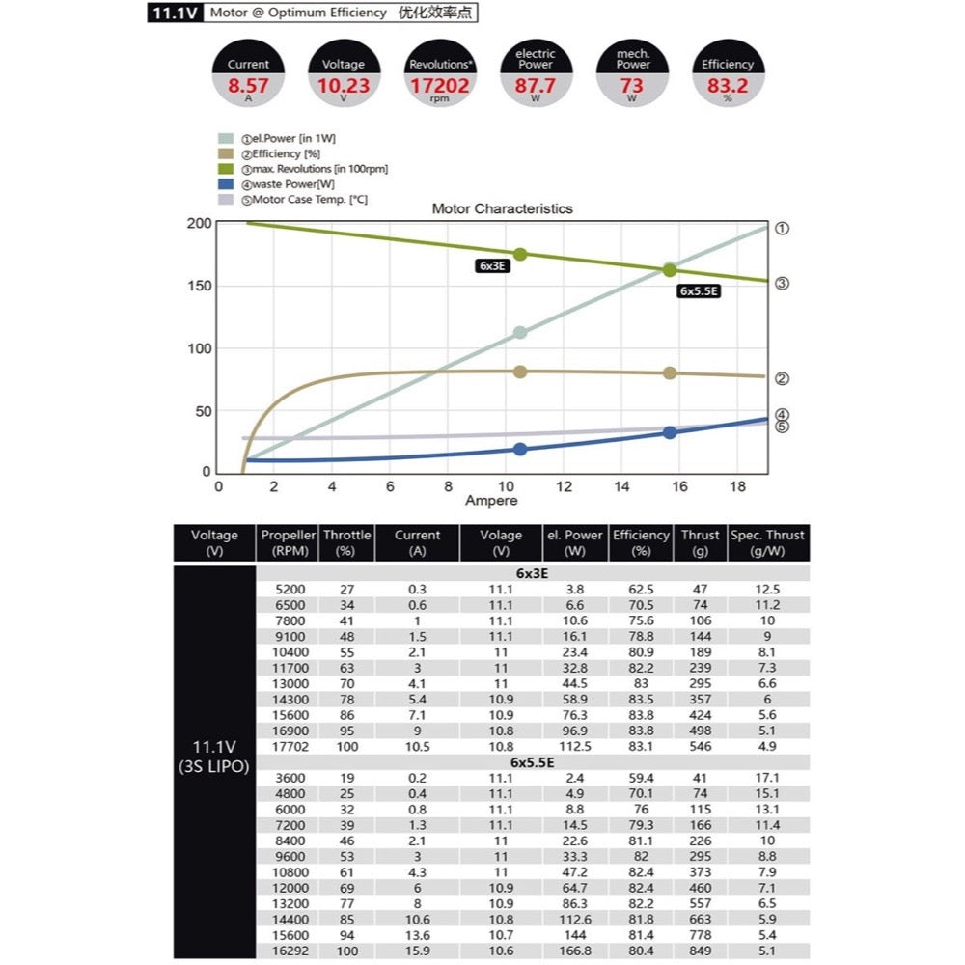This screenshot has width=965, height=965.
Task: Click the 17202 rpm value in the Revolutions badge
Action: click(x=439, y=86)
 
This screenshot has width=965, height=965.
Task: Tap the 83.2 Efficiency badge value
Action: click(x=728, y=86)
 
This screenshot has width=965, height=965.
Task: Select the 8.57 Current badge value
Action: click(x=248, y=86)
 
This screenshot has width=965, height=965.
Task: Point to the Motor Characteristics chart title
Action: click(x=502, y=208)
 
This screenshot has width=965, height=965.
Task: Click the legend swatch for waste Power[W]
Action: click(x=227, y=184)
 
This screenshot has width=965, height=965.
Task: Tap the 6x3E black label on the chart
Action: click(x=493, y=265)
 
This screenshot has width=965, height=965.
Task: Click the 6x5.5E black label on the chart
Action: click(x=700, y=290)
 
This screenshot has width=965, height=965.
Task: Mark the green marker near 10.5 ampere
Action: click(x=520, y=254)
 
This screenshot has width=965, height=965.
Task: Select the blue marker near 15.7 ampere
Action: click(x=670, y=432)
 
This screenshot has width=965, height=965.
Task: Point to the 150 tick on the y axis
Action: click(x=198, y=286)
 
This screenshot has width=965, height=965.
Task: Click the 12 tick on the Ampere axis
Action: click(x=564, y=486)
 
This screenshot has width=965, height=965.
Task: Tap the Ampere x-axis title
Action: click(x=491, y=501)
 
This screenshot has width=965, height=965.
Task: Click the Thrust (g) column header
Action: click(x=700, y=542)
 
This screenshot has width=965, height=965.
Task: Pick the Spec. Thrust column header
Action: click(x=768, y=542)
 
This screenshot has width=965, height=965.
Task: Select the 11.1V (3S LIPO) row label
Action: click(x=214, y=755)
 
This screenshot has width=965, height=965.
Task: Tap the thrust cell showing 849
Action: click(x=700, y=951)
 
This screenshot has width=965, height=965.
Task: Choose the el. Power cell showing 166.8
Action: click(x=574, y=951)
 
